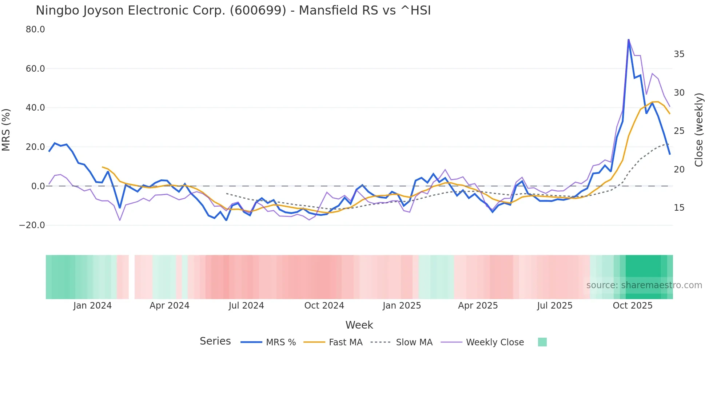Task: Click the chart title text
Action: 233,11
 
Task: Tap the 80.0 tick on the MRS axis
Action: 35,29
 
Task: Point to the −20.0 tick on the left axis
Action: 32,225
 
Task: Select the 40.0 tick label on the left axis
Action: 35,108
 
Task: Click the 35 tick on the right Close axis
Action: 679,54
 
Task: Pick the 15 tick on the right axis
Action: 679,208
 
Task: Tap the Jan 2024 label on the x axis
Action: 92,306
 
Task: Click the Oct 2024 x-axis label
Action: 324,306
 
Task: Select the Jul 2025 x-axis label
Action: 555,306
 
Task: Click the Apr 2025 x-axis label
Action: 478,306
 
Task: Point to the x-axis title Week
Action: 359,325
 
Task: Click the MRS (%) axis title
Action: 6,130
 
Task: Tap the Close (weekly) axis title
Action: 699,130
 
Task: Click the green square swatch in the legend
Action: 542,342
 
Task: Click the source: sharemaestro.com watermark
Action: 644,285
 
